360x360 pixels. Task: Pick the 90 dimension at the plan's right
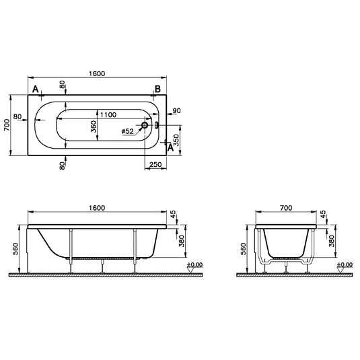176,110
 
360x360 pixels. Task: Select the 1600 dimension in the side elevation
97,208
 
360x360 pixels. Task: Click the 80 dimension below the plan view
63,166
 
